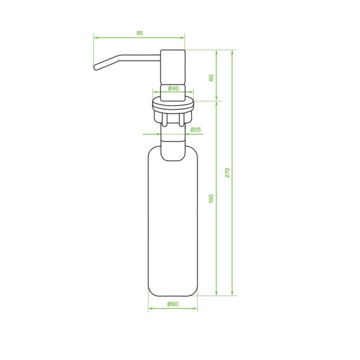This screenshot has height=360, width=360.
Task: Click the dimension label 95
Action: point(139,33)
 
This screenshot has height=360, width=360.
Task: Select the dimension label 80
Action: point(211,78)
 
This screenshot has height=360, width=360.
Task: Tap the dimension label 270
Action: point(227,173)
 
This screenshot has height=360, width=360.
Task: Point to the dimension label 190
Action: point(211,198)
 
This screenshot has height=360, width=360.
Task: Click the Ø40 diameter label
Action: point(173,88)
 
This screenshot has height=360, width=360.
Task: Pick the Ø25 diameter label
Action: point(196,130)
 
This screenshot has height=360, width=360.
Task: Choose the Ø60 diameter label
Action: point(173,304)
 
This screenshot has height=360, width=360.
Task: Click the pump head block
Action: point(173,75)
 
